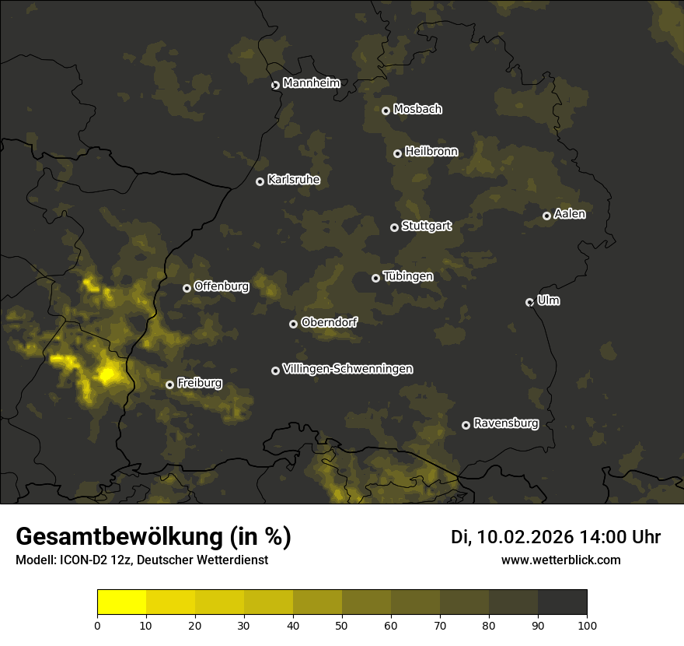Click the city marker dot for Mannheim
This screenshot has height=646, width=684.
click(x=275, y=86)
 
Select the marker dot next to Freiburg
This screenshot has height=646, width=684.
click(x=169, y=384)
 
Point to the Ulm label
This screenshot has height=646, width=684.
click(x=548, y=300)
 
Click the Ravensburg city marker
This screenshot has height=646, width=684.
click(x=466, y=425)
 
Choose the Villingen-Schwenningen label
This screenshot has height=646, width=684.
click(x=347, y=369)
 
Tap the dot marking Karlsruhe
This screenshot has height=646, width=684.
click(x=260, y=181)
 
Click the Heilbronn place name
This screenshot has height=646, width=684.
click(x=431, y=152)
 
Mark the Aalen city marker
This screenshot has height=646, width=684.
click(x=546, y=216)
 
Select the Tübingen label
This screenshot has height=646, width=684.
click(x=408, y=276)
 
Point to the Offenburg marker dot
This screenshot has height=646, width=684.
click(x=187, y=288)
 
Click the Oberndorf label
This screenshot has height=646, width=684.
click(x=329, y=322)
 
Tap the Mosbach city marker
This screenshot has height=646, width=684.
click(x=386, y=111)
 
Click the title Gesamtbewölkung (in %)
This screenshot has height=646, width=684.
click(x=153, y=537)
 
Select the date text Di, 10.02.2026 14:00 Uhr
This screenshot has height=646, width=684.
click(x=556, y=537)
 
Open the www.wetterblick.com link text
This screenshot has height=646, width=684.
click(x=561, y=560)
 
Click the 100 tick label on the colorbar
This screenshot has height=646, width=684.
click(x=587, y=624)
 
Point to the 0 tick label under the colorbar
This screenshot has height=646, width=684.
click(x=97, y=624)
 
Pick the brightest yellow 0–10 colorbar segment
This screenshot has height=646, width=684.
click(x=121, y=602)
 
